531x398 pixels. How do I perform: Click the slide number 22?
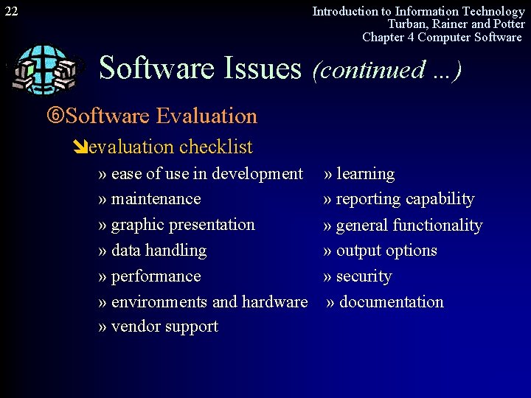(11, 11)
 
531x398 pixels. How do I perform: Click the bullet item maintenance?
(156, 199)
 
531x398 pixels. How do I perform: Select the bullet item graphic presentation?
(182, 225)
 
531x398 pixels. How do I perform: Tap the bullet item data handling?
(159, 251)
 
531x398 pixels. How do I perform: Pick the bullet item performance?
(156, 276)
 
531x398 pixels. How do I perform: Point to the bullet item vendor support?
(164, 327)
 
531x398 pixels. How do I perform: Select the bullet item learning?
(365, 174)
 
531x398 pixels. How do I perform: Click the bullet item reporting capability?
(405, 199)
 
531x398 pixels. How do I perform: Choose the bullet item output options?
(386, 251)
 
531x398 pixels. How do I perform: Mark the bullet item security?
(364, 276)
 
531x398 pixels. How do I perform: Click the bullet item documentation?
(391, 302)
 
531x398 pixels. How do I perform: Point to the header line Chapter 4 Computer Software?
(442, 37)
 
